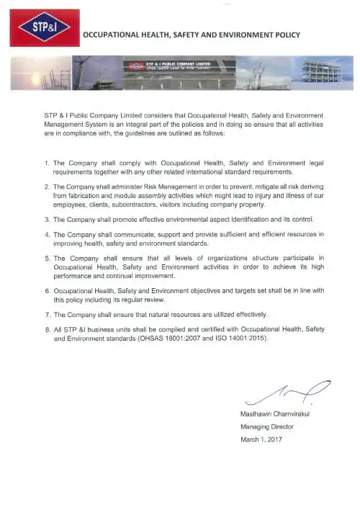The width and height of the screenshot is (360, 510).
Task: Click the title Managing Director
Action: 266,426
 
